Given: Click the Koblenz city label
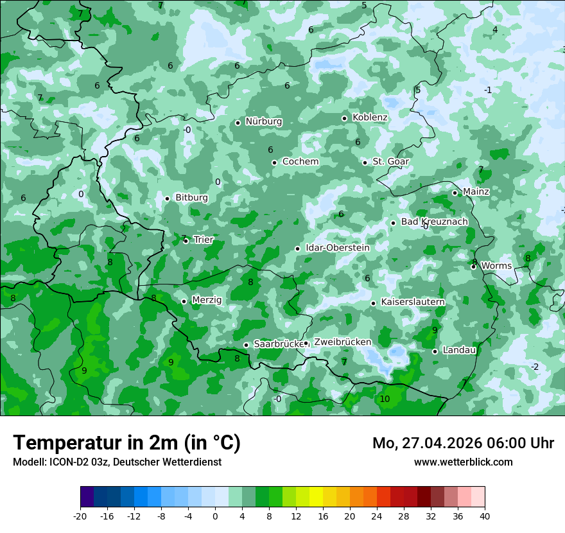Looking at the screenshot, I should (x=370, y=118).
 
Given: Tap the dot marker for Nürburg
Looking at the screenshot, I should (x=238, y=123).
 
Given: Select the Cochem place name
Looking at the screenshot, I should (x=300, y=162).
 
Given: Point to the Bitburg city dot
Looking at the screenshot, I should (x=167, y=198).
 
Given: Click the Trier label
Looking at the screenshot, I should (x=204, y=240).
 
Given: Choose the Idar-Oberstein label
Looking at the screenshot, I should (x=338, y=248).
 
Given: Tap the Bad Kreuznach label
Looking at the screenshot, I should (x=434, y=222).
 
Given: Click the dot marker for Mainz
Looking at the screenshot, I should (x=455, y=193).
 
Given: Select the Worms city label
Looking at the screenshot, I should (x=496, y=266).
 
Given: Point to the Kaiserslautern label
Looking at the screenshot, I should (x=413, y=302).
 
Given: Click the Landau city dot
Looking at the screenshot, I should (x=435, y=351).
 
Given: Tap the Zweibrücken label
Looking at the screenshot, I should (x=342, y=342).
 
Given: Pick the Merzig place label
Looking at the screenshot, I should (x=206, y=300).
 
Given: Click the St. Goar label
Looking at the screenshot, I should (x=390, y=162).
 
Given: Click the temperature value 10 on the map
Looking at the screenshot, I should (x=385, y=399).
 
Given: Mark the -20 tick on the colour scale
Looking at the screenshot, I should (x=80, y=516).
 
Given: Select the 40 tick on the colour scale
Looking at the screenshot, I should (x=484, y=516).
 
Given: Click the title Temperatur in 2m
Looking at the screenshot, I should (x=126, y=442).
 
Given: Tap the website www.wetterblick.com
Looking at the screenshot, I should (x=463, y=462).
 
